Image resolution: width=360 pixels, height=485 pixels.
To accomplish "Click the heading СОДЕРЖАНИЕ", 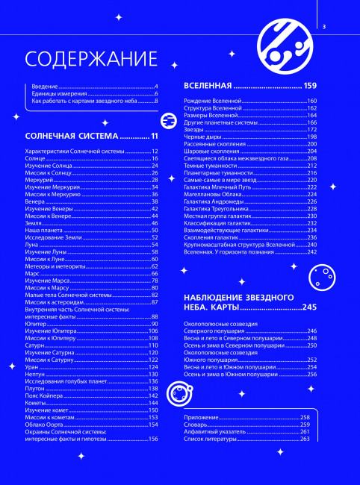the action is [91, 59].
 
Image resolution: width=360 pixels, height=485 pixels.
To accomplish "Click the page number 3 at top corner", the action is [325, 28].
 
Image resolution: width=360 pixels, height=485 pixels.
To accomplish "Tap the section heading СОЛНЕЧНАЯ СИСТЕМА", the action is [72, 137].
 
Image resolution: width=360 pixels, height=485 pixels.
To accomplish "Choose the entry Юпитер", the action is [36, 324].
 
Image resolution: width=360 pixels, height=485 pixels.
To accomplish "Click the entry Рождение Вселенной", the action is [214, 101].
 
